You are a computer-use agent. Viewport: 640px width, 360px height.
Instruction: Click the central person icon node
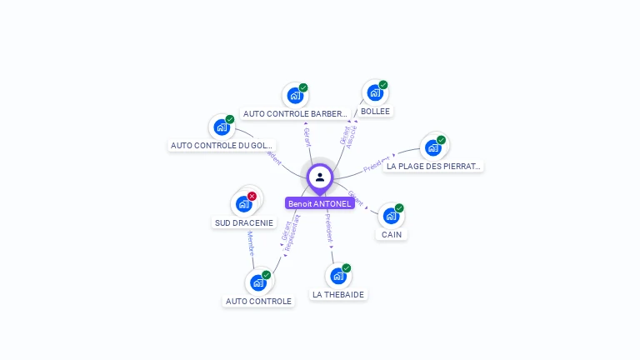tap(320, 177)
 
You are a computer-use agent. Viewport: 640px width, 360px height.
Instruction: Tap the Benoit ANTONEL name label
tap(320, 203)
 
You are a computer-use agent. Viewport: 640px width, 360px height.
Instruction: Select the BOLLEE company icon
tap(374, 93)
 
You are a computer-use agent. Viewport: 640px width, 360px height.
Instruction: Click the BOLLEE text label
tap(375, 112)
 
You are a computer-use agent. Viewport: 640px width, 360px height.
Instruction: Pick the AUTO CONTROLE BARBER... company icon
tap(295, 96)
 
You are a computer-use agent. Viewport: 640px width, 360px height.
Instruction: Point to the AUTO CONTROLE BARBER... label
tap(295, 114)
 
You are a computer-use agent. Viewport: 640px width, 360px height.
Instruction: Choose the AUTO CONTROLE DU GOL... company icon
tap(221, 127)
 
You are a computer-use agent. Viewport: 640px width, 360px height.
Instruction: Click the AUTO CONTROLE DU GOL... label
tap(222, 146)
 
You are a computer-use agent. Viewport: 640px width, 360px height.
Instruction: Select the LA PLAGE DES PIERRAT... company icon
tap(432, 147)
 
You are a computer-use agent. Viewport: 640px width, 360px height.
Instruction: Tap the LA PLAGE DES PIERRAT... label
tap(433, 167)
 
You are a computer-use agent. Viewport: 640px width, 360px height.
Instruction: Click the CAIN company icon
tap(391, 216)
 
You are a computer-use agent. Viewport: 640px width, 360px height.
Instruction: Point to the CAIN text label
tap(392, 235)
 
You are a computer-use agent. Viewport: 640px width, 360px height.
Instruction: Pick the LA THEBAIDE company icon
tap(337, 276)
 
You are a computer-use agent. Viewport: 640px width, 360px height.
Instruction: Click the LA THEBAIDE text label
tap(338, 295)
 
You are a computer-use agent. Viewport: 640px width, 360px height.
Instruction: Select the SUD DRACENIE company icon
tap(243, 204)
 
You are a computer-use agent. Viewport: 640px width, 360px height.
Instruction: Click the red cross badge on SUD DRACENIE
tap(252, 196)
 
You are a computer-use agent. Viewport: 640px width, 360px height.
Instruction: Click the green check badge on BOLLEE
tap(383, 84)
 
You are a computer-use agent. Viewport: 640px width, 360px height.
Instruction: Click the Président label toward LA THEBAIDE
tap(328, 226)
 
